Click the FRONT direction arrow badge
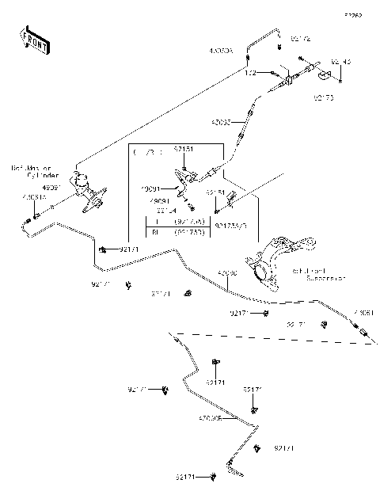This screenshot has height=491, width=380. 31,39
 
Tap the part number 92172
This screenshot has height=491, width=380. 301,38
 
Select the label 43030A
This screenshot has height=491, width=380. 221,51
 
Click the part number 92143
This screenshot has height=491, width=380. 341,61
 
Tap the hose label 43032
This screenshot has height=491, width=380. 221,123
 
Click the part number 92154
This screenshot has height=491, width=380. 167,211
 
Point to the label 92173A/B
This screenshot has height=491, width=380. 231,226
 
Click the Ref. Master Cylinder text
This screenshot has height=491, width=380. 32,173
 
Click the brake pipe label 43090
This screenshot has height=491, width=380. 227,273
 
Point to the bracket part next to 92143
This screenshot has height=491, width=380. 325,75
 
